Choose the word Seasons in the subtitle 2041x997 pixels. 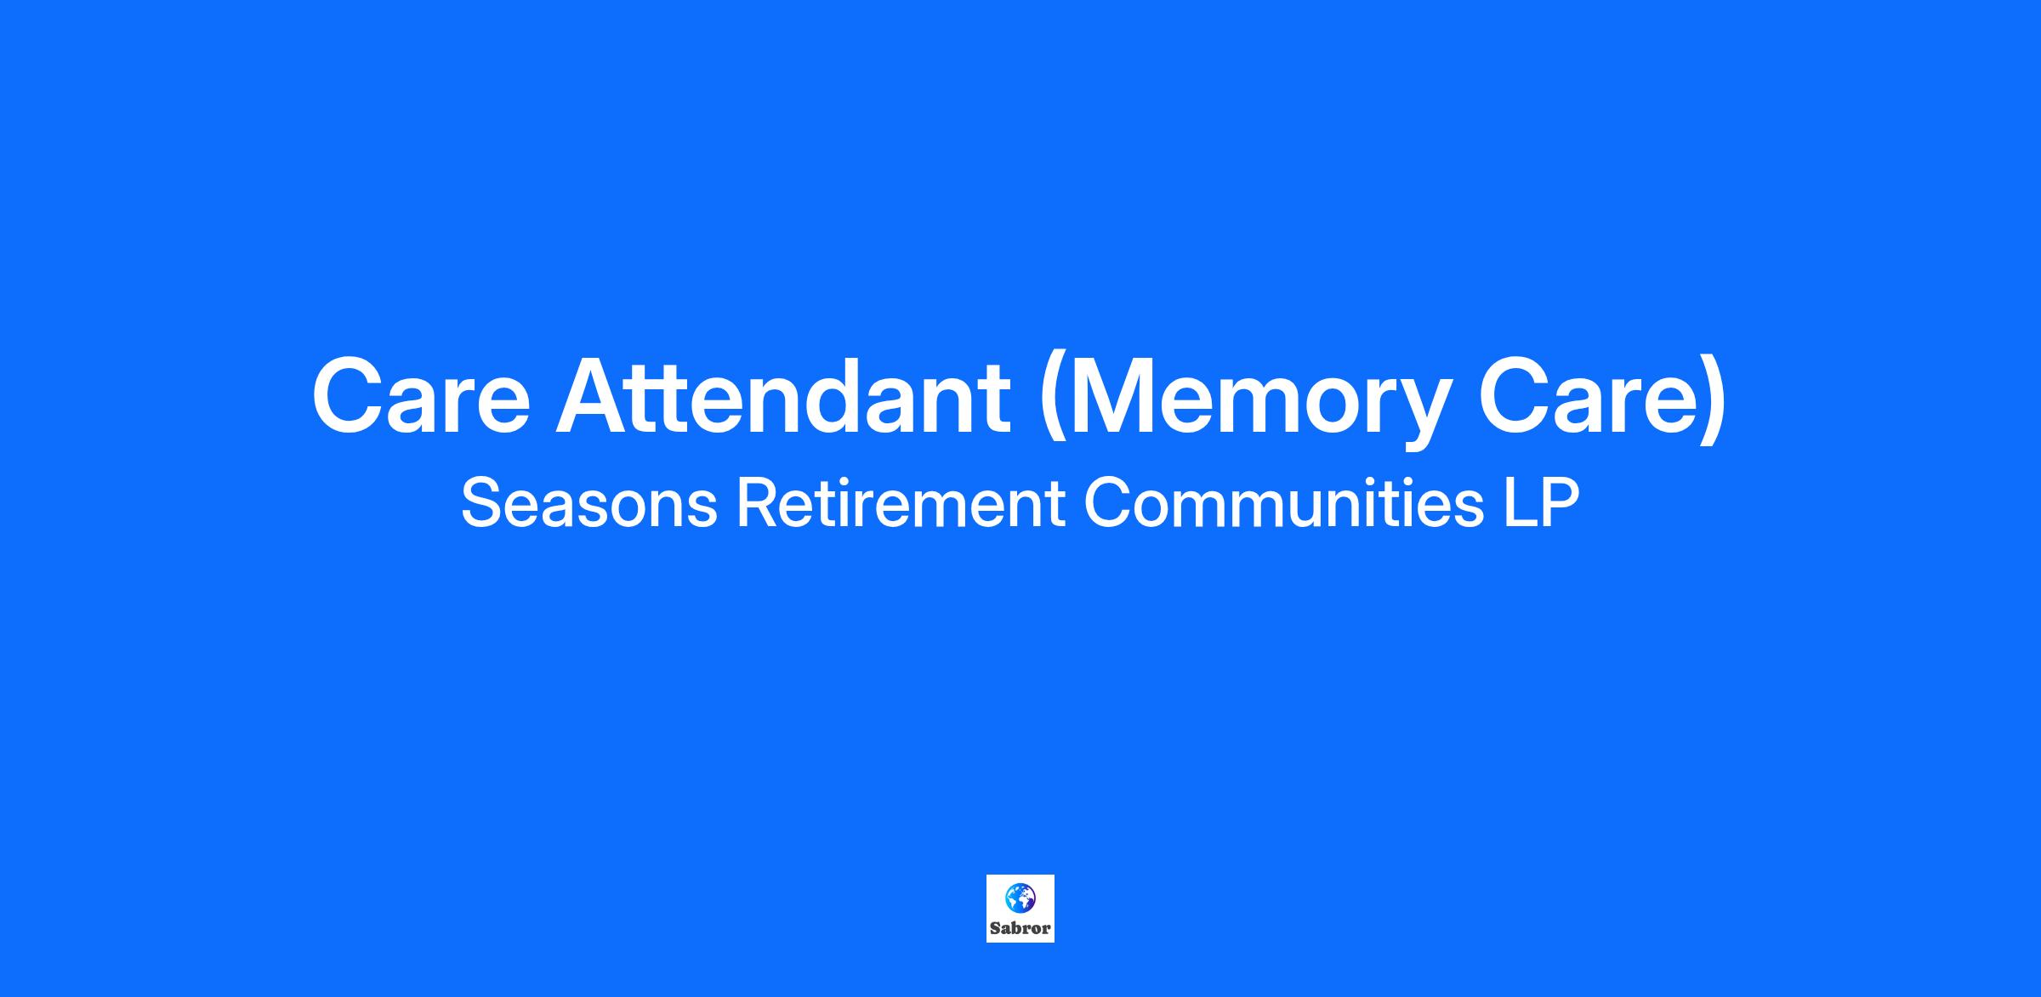click(589, 503)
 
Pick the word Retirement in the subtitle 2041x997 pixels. click(901, 503)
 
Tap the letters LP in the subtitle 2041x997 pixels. click(1541, 503)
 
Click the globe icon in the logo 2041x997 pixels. click(1020, 898)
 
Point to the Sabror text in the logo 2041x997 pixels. click(1020, 928)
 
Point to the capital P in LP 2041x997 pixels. click(1560, 503)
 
